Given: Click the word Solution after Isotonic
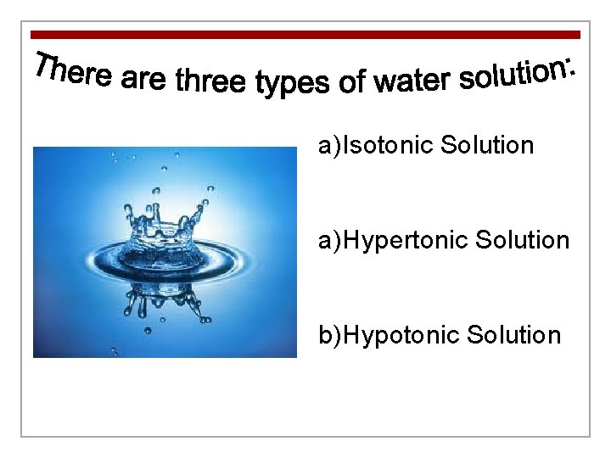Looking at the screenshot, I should tap(487, 146).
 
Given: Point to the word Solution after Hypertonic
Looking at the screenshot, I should tap(522, 241).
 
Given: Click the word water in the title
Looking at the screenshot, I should tap(412, 81).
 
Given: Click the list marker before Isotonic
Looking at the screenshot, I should tap(329, 146).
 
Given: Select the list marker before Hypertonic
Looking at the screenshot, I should tap(329, 241).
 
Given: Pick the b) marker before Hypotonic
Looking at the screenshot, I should tap(329, 336).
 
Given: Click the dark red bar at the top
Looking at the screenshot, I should tap(305, 35).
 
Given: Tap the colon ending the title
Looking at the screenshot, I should tap(572, 66).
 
